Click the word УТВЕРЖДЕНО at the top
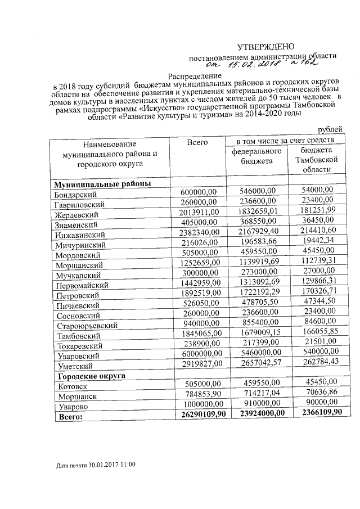coord(264,46)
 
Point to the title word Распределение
coord(195,75)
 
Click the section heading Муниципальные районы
coord(102,184)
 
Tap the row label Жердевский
coord(76,215)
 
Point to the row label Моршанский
coord(78,264)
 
